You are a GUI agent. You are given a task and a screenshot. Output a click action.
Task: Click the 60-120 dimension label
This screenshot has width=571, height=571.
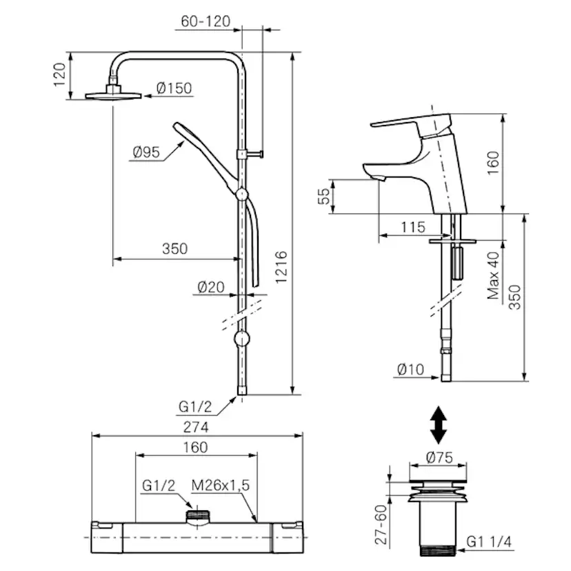205,21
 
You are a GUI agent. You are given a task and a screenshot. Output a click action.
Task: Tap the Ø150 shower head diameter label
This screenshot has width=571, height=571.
174,88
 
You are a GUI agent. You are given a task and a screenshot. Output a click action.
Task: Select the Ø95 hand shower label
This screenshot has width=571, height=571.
146,152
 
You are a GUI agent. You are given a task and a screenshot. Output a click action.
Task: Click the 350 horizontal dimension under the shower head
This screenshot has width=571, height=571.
174,249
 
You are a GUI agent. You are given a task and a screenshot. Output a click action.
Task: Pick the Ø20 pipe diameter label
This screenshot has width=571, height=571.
211,288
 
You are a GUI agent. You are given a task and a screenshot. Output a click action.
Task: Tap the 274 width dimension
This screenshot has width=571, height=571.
196,427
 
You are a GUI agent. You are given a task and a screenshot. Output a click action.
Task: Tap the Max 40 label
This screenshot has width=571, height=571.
493,274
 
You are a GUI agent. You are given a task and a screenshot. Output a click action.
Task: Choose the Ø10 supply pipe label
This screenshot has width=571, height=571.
412,368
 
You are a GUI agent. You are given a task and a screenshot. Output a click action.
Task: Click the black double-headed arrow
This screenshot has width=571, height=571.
437,425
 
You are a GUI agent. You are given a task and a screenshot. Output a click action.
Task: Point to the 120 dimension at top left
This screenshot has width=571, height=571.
59,73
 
